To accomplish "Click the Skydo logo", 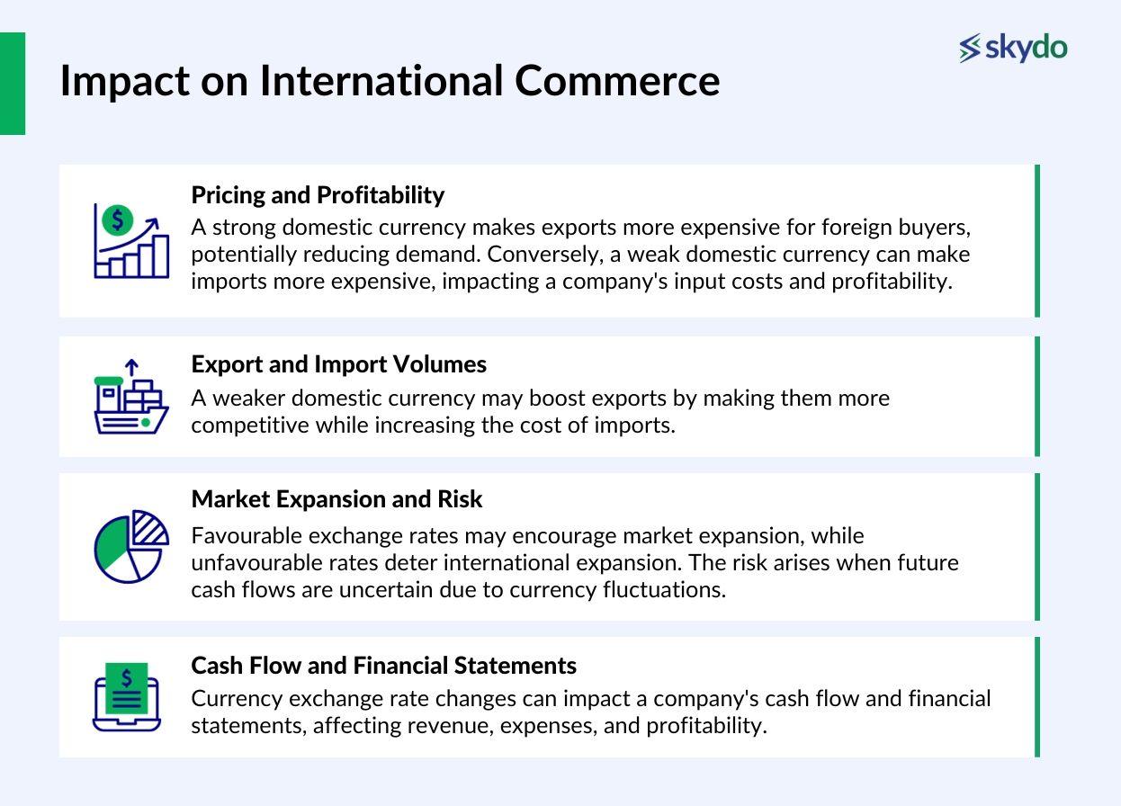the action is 1013,48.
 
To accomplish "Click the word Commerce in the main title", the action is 617,81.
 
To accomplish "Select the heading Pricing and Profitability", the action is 318,195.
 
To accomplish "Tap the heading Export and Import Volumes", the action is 339,364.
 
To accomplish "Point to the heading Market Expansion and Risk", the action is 336,499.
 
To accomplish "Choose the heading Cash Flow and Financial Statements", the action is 384,666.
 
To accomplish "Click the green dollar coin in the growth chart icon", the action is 117,220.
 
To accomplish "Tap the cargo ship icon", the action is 131,396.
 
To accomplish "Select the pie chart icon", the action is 131,546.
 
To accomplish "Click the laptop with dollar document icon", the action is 127,697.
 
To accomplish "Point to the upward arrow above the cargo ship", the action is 131,367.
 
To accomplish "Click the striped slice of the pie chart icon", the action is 149,527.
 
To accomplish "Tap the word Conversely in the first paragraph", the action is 543,255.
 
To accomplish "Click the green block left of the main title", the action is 13,84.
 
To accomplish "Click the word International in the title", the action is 381,81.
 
